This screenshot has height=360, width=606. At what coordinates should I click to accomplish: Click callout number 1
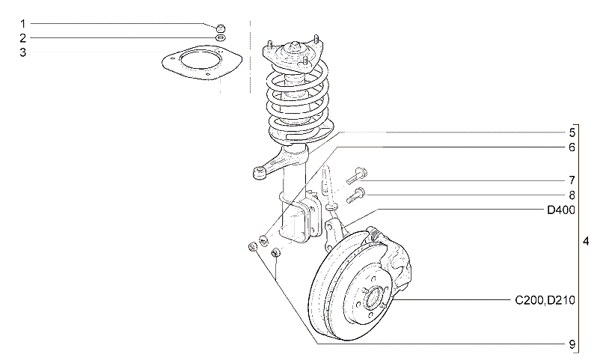tap(22, 24)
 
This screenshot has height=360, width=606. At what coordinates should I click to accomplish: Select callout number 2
tap(22, 38)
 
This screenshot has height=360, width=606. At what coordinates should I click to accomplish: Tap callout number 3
tap(22, 52)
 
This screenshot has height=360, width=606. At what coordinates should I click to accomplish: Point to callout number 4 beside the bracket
tap(586, 242)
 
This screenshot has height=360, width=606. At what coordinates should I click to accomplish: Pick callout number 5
tap(572, 132)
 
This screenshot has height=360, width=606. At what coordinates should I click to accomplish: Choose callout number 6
tap(572, 147)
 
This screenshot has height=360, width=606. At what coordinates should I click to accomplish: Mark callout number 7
tap(572, 180)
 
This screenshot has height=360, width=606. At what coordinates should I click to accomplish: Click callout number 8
tap(572, 195)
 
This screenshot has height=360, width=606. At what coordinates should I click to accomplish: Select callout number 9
tap(572, 344)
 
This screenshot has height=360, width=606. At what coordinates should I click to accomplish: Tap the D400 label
tap(561, 210)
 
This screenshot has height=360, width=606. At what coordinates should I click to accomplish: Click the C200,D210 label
tap(545, 300)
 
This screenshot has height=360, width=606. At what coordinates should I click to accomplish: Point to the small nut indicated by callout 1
tap(220, 28)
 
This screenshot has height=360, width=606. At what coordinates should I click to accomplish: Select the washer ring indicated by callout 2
tap(220, 38)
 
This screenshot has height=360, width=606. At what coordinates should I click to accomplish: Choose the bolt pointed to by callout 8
tap(356, 195)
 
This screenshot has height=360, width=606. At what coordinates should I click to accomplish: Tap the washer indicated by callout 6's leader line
tap(263, 241)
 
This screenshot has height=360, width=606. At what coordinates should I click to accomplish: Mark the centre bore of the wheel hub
tap(374, 298)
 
